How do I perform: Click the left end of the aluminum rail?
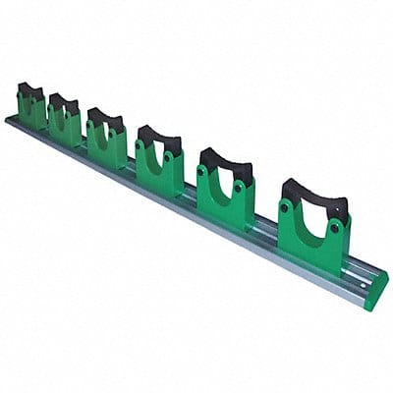pyautogui.click(x=9, y=121)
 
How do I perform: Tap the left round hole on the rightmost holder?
pyautogui.click(x=286, y=208)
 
